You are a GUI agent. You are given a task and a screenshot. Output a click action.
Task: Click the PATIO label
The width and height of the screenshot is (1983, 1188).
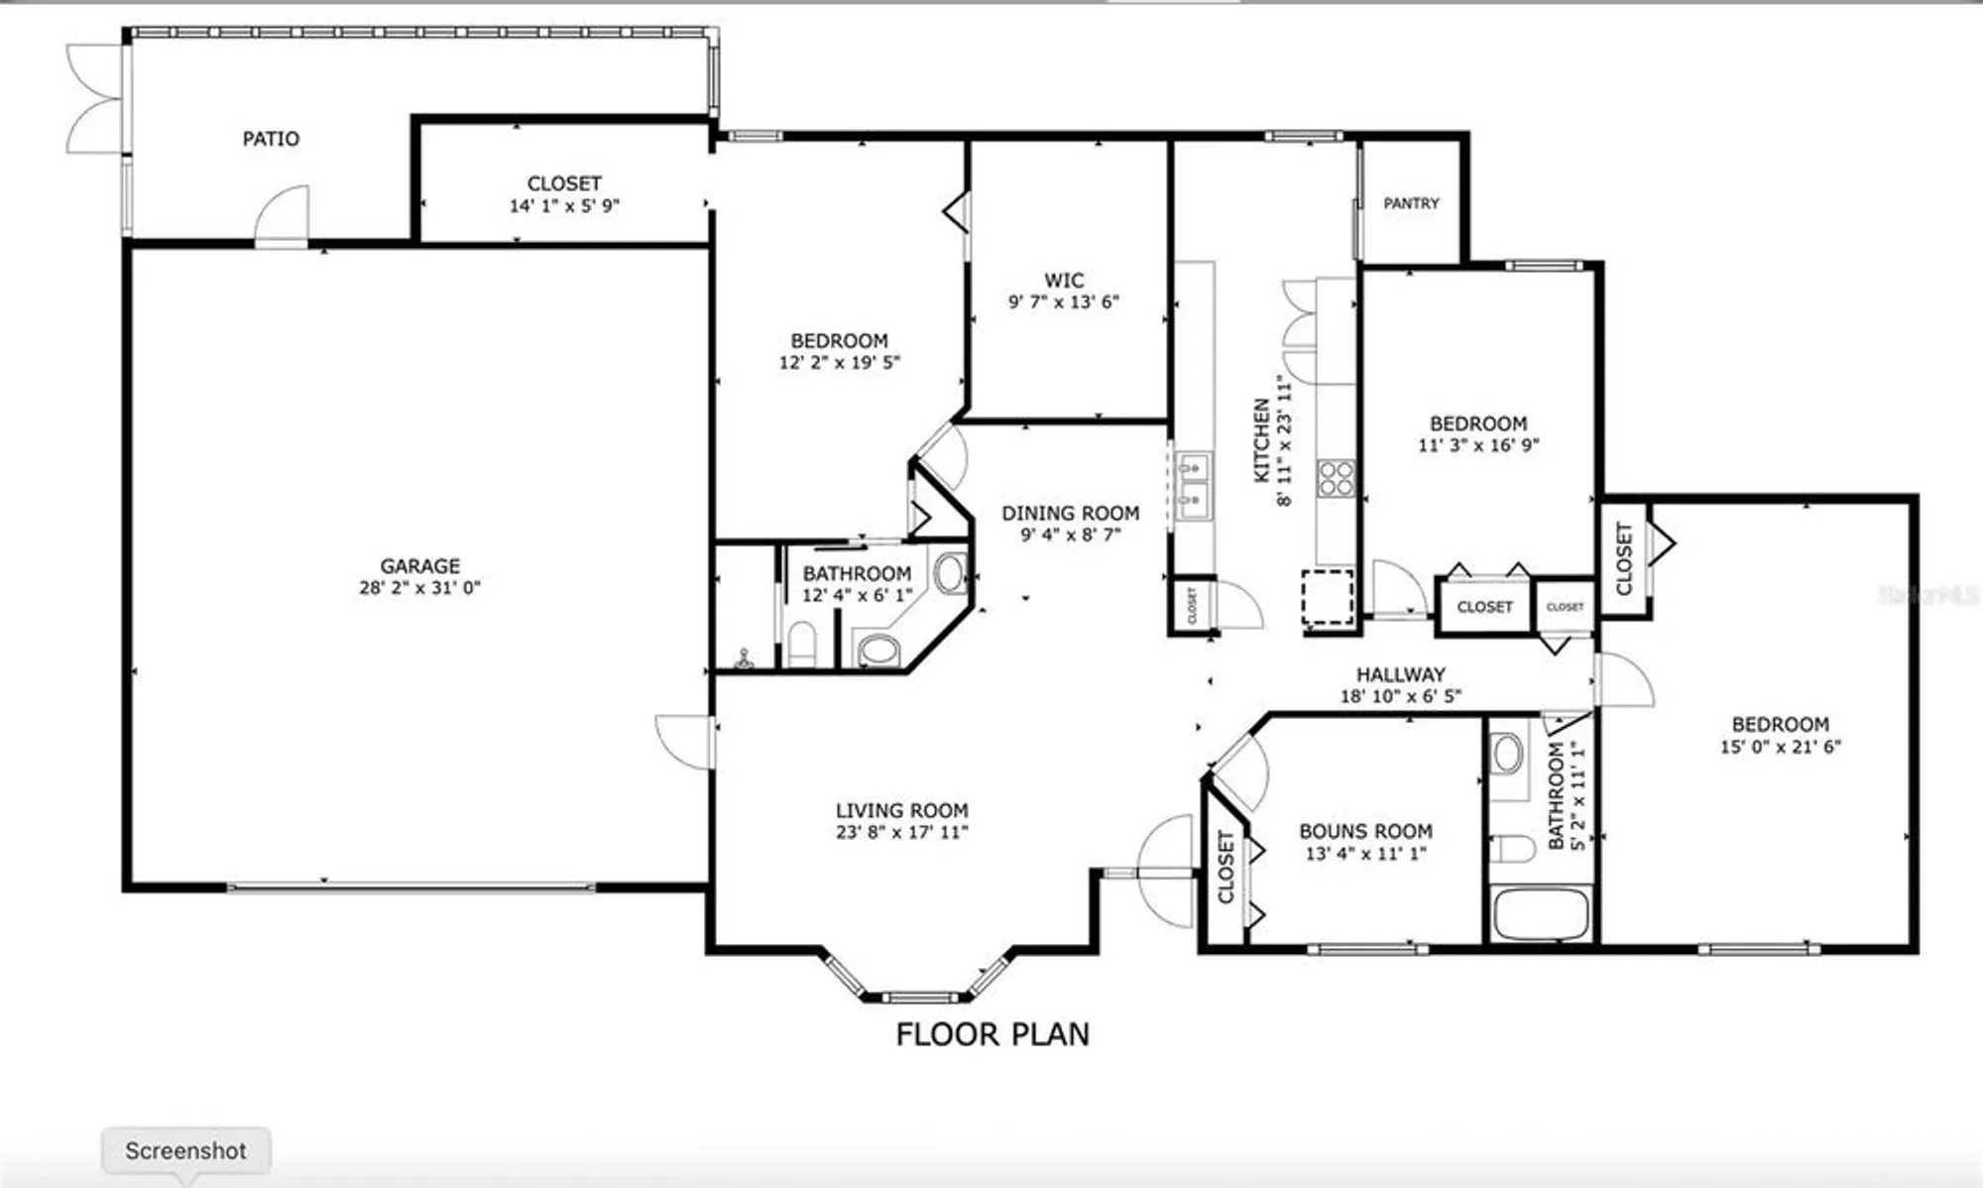pos(271,139)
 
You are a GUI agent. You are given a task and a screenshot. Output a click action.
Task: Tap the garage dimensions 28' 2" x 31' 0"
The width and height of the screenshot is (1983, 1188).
pos(419,588)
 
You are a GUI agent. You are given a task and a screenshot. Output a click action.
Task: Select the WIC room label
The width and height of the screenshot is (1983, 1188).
pos(1064,281)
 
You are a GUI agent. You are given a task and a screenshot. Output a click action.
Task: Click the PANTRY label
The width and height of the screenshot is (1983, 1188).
pos(1411,203)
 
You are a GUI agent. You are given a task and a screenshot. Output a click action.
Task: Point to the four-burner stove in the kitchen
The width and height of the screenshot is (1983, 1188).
pos(1336,478)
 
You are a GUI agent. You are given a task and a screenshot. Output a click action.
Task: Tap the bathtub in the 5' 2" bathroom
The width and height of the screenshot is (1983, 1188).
pos(1541,914)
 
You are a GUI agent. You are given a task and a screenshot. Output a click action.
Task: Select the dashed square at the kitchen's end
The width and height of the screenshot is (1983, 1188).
pos(1328,597)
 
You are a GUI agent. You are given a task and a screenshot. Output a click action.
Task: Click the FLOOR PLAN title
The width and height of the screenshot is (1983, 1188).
pos(992,1035)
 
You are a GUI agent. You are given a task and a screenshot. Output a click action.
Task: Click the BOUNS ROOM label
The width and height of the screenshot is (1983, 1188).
pos(1365,831)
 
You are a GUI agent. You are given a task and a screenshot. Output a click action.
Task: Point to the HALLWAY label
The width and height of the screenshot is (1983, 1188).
pos(1401,674)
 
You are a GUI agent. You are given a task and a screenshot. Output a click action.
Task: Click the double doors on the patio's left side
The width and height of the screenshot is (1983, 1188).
pos(96,99)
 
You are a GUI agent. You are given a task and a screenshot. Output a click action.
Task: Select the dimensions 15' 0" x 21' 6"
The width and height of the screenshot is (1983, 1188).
pos(1780,747)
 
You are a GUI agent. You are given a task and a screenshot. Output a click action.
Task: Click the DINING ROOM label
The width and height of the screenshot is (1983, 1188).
pos(1070,513)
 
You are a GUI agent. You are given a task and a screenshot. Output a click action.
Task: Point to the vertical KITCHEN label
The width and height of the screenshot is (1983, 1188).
pos(1262,440)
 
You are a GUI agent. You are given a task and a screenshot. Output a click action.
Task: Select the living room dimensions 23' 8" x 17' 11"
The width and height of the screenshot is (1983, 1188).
pos(901,833)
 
